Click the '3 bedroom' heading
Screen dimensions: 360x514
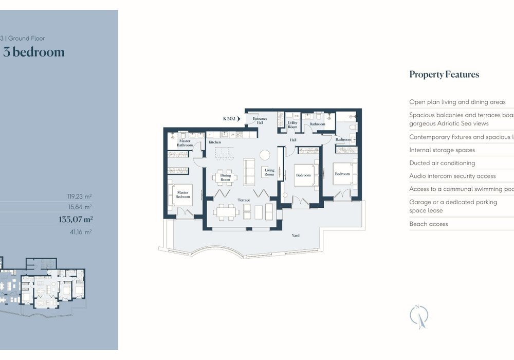click(34, 52)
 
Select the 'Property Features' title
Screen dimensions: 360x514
click(444, 74)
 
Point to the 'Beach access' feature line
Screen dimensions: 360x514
click(429, 224)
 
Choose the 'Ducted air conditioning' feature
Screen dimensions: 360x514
click(442, 163)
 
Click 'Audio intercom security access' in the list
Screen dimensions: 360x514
click(452, 176)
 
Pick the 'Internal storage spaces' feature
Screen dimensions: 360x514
click(442, 150)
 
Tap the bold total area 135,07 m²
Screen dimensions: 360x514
click(76, 219)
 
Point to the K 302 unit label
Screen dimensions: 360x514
click(229, 118)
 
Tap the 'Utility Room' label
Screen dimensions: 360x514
click(292, 125)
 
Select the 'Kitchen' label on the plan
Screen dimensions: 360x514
click(214, 142)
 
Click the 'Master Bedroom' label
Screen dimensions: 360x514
click(183, 194)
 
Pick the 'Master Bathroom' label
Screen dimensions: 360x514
click(185, 143)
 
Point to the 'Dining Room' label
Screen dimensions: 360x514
click(226, 177)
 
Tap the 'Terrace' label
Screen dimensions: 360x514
click(244, 200)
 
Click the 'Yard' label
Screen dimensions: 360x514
click(296, 236)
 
